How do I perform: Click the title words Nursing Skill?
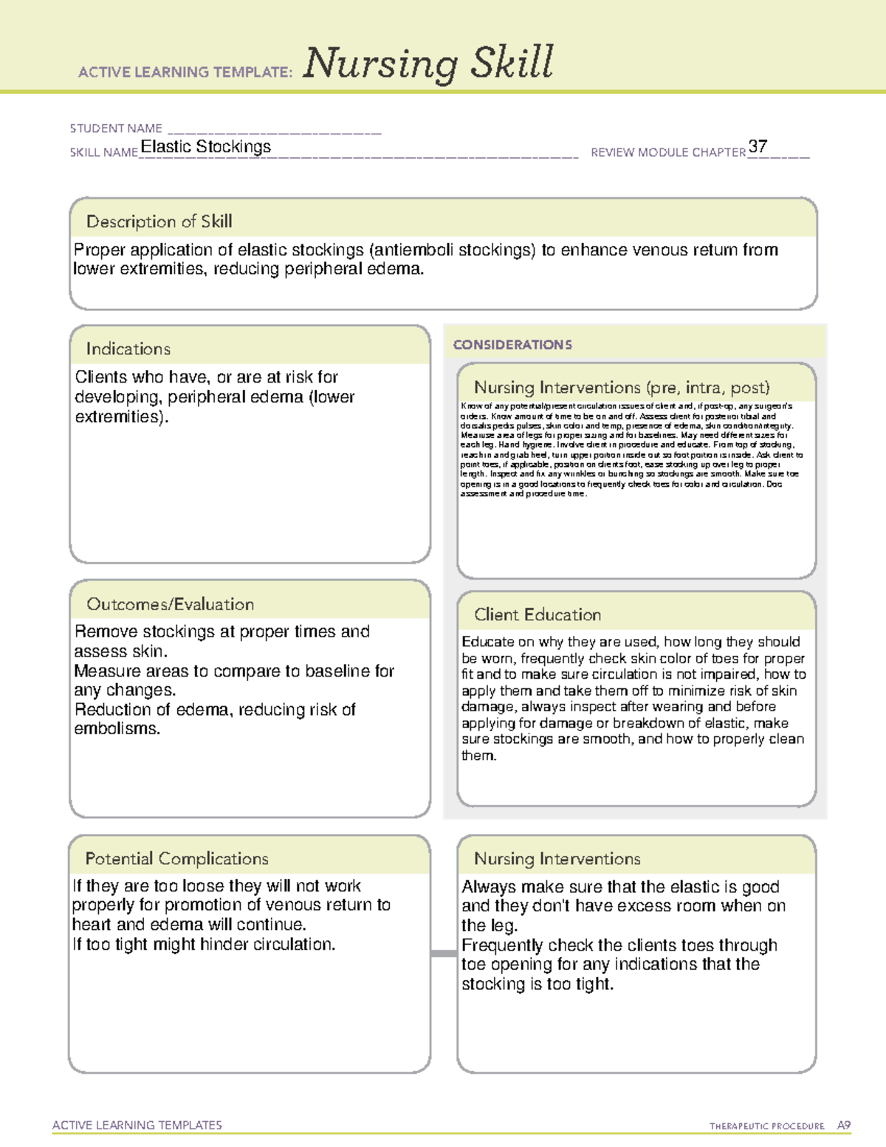pos(427,64)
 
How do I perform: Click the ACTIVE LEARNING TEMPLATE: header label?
pos(185,72)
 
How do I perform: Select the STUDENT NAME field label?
pos(116,129)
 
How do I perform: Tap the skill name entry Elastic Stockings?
pos(205,147)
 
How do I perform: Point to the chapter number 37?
pos(758,146)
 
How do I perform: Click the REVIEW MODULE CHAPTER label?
pos(667,152)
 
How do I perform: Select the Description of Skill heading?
pos(159,222)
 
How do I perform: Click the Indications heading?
pos(128,349)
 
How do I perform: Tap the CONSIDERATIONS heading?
pos(512,345)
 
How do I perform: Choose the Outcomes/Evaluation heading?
pos(170,604)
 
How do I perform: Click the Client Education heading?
pos(537,614)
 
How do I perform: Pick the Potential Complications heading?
pos(176,859)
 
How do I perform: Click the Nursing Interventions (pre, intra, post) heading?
pos(622,388)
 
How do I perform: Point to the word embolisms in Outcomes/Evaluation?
pos(117,729)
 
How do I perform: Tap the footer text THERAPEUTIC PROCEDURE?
pos(766,1126)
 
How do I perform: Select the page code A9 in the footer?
pos(843,1126)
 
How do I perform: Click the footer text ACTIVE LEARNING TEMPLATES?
pos(137,1125)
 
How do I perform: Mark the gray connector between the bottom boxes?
pos(443,953)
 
